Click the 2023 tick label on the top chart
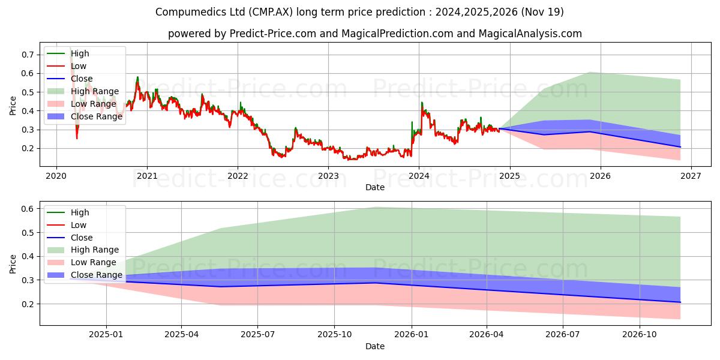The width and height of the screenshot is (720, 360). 328,176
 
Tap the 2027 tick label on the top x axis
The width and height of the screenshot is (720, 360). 691,176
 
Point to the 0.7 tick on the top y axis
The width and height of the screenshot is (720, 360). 28,55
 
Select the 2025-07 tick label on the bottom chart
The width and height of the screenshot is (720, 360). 257,335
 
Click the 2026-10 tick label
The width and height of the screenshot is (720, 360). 640,335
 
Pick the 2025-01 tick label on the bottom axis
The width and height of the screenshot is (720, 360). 106,335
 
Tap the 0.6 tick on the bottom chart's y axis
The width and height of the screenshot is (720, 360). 28,209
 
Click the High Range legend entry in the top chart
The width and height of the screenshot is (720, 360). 83,91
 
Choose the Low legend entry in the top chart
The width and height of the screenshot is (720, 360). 67,66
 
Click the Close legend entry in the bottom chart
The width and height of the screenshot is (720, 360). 70,238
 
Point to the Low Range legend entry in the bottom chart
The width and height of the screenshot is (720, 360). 82,262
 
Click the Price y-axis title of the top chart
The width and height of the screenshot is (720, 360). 13,106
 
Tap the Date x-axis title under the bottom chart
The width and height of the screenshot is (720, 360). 375,346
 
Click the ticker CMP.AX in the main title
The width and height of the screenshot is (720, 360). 271,12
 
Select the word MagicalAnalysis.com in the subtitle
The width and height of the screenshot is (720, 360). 530,34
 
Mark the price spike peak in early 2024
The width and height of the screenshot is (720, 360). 422,103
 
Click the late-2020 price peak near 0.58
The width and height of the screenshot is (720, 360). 137,77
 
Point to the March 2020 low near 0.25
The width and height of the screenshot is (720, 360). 77,139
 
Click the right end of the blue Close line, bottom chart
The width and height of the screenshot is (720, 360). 680,302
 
